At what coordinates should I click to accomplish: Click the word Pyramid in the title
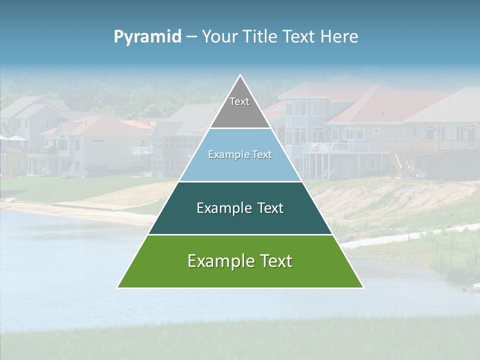point(147,37)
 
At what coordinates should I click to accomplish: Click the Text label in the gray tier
point(239,101)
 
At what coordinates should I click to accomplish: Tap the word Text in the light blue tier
point(261,155)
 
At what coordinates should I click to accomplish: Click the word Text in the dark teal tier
point(270,208)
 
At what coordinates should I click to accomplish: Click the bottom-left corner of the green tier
point(118,287)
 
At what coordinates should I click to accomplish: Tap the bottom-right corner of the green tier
point(362,287)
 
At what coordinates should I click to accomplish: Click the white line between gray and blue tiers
point(240,128)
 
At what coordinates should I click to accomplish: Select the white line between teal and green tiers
point(240,234)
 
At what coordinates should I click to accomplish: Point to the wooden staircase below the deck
point(399,164)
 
